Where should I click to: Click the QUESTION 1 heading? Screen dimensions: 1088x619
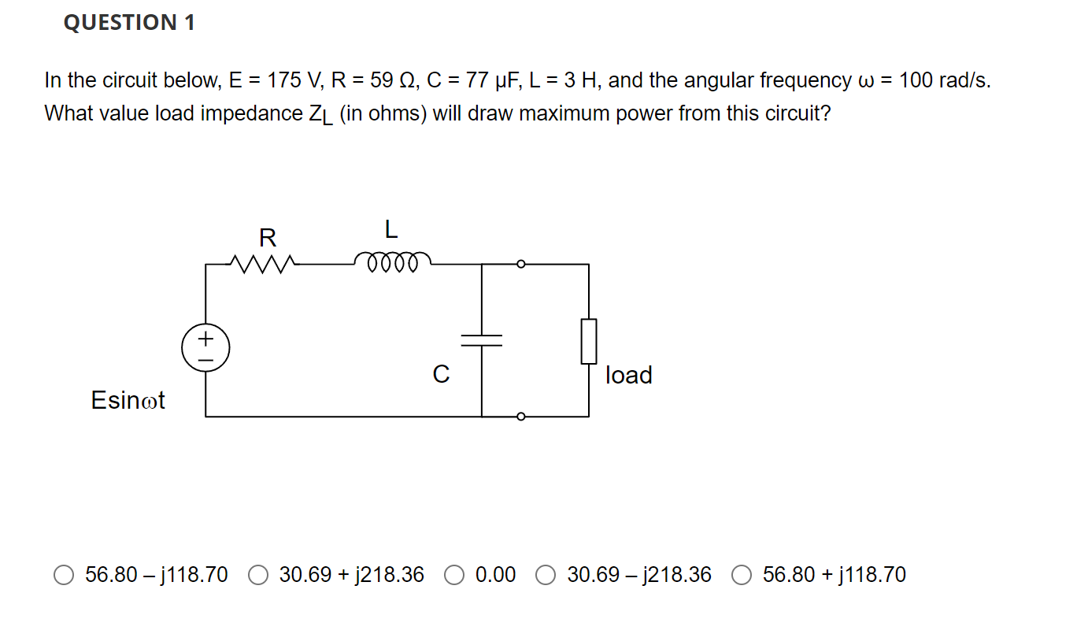click(x=129, y=23)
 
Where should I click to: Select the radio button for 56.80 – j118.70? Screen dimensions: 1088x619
click(x=65, y=576)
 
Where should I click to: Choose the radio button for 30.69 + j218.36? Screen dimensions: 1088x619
click(x=258, y=576)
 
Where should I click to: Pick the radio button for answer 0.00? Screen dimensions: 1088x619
click(x=454, y=576)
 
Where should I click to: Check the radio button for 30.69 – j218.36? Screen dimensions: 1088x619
click(x=546, y=576)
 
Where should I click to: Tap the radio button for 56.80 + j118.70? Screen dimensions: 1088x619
click(x=742, y=576)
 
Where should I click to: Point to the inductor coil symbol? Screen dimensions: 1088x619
click(x=392, y=261)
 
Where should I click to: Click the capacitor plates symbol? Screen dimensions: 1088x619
click(x=482, y=339)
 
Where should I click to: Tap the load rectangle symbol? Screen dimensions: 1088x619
click(x=589, y=341)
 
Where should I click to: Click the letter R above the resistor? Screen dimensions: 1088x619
click(x=268, y=236)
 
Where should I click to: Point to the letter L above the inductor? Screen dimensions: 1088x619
click(x=390, y=230)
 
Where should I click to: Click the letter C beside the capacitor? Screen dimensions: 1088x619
click(x=441, y=375)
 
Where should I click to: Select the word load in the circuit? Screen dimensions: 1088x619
click(x=629, y=375)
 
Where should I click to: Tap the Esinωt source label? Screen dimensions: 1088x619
click(x=128, y=400)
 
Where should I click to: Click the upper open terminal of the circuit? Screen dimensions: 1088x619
click(x=520, y=264)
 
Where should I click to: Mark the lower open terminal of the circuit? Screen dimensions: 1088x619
click(x=520, y=417)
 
